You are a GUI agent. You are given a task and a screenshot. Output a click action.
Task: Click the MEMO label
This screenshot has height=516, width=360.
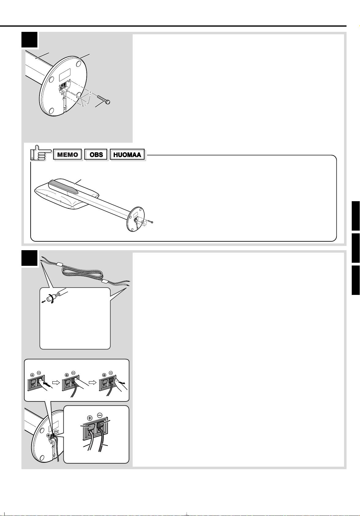coord(67,154)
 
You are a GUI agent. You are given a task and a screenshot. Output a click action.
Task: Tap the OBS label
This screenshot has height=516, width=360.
coord(96,154)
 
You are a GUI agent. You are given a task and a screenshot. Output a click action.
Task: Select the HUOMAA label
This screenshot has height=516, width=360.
coord(127,154)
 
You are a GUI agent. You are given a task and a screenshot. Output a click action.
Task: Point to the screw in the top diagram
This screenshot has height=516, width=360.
coord(104,100)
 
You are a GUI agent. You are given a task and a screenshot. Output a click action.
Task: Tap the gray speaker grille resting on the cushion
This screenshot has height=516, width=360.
coord(63,186)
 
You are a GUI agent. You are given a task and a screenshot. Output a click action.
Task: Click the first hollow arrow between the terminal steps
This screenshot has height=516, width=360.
coord(56,382)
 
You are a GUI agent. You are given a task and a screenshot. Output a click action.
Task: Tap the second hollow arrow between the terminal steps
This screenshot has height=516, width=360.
coord(92,382)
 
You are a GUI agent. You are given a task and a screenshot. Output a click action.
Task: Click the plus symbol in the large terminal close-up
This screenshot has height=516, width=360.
coord(90,418)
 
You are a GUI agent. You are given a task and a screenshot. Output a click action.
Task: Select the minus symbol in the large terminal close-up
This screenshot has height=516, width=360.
coord(100,415)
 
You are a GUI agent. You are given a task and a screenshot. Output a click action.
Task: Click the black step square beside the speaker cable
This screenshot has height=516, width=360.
coord(29,258)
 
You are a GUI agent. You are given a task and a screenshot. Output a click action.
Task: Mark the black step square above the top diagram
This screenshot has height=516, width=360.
coord(29,40)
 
